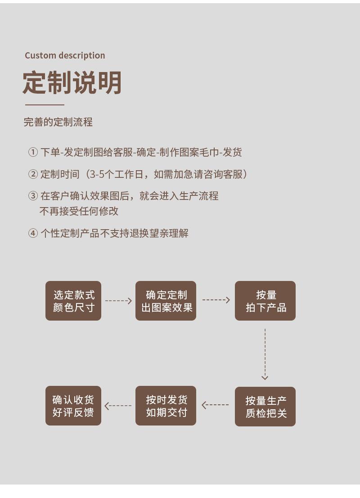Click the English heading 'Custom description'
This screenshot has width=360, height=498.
pyautogui.click(x=65, y=55)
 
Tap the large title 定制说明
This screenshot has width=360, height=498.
pyautogui.click(x=72, y=83)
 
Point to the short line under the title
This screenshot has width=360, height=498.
pyautogui.click(x=45, y=104)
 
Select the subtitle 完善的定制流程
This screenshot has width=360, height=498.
pyautogui.click(x=58, y=122)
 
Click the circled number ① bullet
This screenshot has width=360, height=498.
pyautogui.click(x=33, y=152)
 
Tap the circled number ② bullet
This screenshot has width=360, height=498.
pyautogui.click(x=33, y=174)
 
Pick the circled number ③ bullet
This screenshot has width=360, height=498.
pyautogui.click(x=33, y=196)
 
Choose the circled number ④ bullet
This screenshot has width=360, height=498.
pyautogui.click(x=33, y=233)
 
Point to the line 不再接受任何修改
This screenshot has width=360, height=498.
pyautogui.click(x=79, y=211)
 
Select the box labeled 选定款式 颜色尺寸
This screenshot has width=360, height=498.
pyautogui.click(x=73, y=301)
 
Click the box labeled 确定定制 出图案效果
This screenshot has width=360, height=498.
pyautogui.click(x=166, y=301)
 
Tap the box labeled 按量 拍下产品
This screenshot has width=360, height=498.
pyautogui.click(x=265, y=301)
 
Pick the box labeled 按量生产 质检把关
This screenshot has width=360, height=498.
pyautogui.click(x=265, y=407)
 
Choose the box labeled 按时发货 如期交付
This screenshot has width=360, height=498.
pyautogui.click(x=166, y=406)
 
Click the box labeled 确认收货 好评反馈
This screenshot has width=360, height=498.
pyautogui.click(x=73, y=406)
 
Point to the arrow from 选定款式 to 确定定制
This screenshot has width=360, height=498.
pyautogui.click(x=118, y=300)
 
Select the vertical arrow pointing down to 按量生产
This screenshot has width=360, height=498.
pyautogui.click(x=265, y=354)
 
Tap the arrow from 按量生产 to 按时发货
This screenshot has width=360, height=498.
pyautogui.click(x=215, y=405)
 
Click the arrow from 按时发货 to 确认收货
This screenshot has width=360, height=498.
pyautogui.click(x=118, y=406)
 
